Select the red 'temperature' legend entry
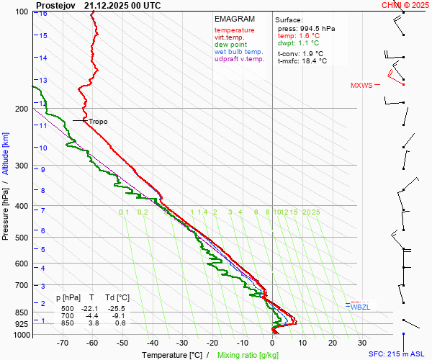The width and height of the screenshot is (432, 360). click(234, 30)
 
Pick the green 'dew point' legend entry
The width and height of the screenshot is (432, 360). click(230, 45)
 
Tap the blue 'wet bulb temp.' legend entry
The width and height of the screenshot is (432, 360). click(238, 52)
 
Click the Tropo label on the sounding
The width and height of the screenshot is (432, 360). click(98, 122)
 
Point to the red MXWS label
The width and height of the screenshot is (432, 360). click(361, 86)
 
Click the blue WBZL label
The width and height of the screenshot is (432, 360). click(359, 307)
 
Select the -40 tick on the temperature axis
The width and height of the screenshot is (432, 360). click(152, 343)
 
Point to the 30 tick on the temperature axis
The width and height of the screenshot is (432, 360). click(361, 343)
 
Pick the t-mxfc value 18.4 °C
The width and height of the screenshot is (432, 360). click(312, 61)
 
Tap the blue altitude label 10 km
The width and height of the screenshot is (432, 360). click(44, 148)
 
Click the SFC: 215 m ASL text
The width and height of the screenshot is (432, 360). click(398, 354)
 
